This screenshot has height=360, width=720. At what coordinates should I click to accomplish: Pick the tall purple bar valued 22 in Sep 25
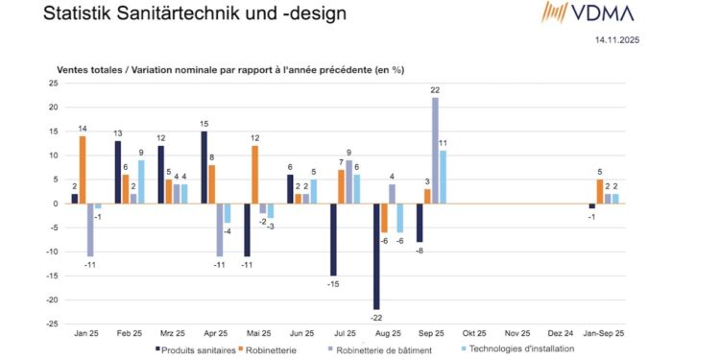click(436, 151)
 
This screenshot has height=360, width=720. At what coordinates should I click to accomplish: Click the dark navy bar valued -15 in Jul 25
click(332, 239)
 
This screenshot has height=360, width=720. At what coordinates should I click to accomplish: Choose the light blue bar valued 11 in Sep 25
click(444, 177)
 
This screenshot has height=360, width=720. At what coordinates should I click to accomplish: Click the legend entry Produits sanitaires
click(196, 349)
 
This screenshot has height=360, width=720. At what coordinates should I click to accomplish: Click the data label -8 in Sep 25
click(419, 250)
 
